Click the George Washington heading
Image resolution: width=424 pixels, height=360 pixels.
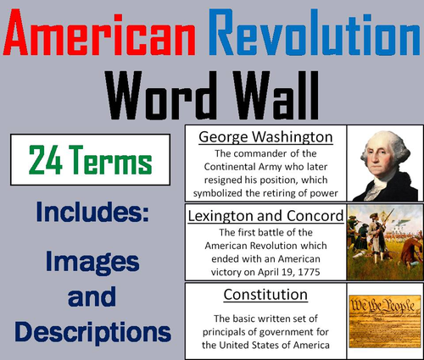[266, 136]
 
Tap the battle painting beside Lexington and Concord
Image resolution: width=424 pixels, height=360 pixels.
[383, 243]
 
